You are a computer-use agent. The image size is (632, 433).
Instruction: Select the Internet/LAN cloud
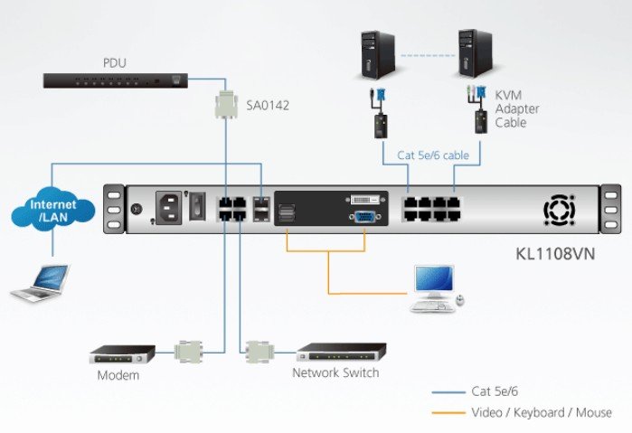pos(53,210)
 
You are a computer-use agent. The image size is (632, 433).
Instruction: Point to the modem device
pos(126,353)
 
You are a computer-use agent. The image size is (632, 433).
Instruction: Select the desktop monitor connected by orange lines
pos(434,288)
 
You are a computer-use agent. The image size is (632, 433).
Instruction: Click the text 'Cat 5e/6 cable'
pos(433,155)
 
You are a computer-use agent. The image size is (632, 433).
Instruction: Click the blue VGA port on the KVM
pos(362,216)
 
